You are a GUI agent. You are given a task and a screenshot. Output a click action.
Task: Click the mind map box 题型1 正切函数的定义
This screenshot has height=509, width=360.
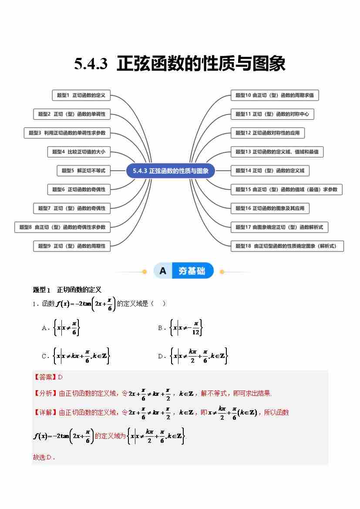pyautogui.click(x=81, y=95)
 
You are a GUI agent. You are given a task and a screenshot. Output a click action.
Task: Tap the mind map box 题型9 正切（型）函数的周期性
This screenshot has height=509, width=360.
pyautogui.click(x=72, y=246)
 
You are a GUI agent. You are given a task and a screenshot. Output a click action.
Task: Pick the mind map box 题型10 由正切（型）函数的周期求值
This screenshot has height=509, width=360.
pyautogui.click(x=275, y=95)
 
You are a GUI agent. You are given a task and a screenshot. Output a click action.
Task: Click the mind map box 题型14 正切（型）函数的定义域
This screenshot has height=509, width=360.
pyautogui.click(x=270, y=171)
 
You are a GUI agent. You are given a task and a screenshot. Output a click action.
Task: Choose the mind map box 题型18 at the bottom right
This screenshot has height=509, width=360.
pyautogui.click(x=287, y=246)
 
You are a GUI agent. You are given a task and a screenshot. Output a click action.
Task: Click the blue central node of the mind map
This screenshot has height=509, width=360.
pyautogui.click(x=171, y=171)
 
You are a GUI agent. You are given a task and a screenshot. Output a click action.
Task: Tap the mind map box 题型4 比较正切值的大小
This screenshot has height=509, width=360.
pyautogui.click(x=79, y=152)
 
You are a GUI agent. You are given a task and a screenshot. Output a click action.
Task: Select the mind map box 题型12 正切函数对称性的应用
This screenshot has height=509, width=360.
pyautogui.click(x=268, y=133)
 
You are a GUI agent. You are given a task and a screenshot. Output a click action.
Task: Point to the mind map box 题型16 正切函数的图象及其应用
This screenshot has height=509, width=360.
pyautogui.click(x=270, y=208)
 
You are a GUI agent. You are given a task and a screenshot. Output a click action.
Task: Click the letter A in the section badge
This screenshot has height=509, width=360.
pyautogui.click(x=163, y=271)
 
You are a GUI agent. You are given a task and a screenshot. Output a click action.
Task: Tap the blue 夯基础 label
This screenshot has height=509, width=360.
pyautogui.click(x=192, y=271)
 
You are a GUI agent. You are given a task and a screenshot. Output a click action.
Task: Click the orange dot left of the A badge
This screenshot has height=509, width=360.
pyautogui.click(x=145, y=272)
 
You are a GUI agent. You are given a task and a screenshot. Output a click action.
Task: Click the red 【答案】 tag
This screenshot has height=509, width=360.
pyautogui.click(x=45, y=377)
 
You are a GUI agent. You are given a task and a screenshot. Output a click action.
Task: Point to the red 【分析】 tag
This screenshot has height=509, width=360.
pyautogui.click(x=45, y=394)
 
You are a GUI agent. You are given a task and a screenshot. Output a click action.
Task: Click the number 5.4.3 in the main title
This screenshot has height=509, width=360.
pyautogui.click(x=91, y=64)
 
